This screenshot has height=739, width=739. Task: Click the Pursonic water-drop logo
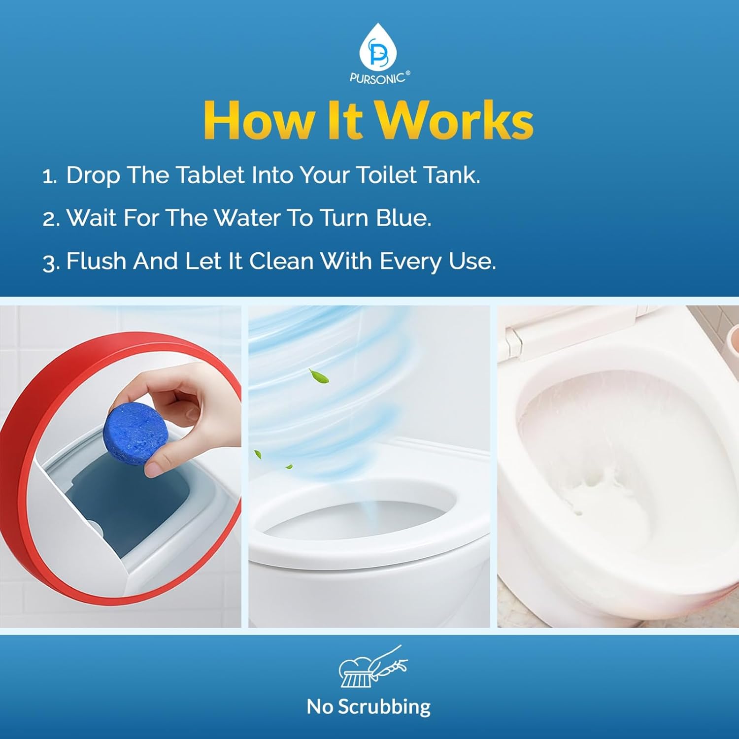(377, 46)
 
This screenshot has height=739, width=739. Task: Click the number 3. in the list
(50, 263)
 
